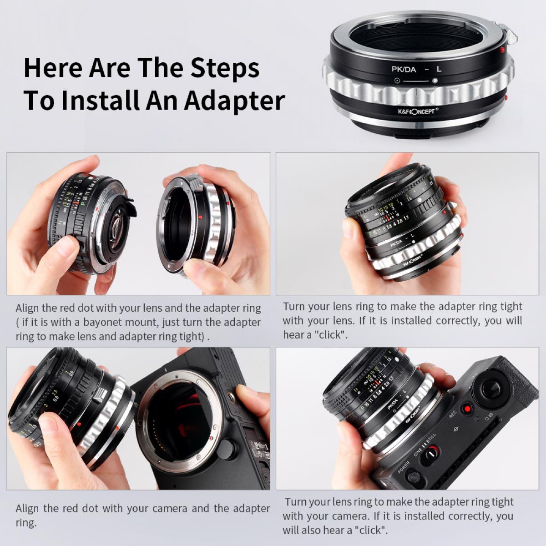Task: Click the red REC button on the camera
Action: click(x=466, y=409)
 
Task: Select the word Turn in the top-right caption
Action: click(x=294, y=306)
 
